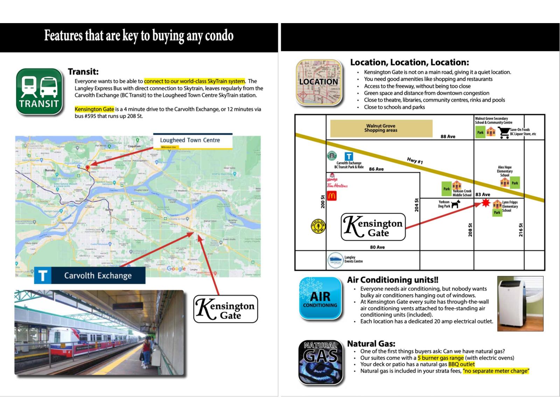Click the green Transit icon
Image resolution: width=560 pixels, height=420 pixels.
(x=39, y=92)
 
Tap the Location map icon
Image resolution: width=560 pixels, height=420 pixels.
(x=319, y=82)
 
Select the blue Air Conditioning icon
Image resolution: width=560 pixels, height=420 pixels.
(x=320, y=299)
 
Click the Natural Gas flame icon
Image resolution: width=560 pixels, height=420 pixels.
(x=320, y=362)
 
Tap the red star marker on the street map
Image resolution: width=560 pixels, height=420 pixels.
(x=485, y=203)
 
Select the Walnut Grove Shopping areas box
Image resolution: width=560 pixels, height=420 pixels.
(x=381, y=128)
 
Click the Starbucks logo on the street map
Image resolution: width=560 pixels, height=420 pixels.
(x=331, y=156)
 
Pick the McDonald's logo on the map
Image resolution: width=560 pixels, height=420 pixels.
(x=331, y=196)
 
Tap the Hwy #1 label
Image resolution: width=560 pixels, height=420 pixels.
(x=415, y=161)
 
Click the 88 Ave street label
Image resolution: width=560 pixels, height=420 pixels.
(x=448, y=136)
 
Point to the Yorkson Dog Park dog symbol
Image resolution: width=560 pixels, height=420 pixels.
(x=455, y=204)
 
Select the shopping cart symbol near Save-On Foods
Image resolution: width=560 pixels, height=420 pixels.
(x=504, y=133)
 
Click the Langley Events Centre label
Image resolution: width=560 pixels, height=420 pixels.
(x=353, y=259)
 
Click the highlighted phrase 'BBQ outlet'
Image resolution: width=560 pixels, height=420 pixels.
(x=461, y=364)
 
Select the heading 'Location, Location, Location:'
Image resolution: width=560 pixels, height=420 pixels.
(x=409, y=63)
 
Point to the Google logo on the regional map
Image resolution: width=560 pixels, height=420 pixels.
(x=176, y=268)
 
